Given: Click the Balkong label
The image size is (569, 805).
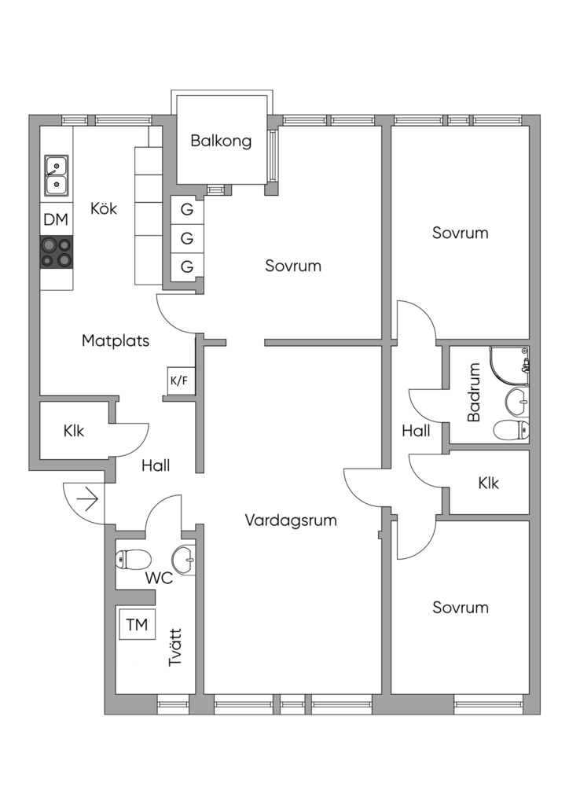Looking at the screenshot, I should [222, 142].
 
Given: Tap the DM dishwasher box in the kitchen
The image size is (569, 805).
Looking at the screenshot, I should [56, 220].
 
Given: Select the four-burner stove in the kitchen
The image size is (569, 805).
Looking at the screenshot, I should [57, 252].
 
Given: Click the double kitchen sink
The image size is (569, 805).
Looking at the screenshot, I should [56, 175].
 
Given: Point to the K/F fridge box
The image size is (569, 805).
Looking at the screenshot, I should [179, 380].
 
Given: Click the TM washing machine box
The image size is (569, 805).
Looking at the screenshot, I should [137, 625].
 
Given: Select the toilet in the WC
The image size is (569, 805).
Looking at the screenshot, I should [133, 561].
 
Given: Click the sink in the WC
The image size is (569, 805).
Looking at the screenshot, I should [185, 560].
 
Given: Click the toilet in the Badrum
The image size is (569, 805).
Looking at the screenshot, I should [512, 429].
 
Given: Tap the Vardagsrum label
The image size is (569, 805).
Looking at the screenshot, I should [291, 520].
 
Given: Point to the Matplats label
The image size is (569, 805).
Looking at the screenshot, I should [116, 341].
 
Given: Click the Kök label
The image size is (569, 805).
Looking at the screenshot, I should [104, 209].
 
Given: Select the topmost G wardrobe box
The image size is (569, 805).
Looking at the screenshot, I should [187, 210].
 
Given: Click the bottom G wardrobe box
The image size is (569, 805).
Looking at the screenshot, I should [187, 266].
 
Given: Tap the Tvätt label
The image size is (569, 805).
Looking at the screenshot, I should [176, 647].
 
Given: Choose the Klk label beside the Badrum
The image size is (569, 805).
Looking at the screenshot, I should [488, 483].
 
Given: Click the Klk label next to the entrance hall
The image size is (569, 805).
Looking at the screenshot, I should [74, 431].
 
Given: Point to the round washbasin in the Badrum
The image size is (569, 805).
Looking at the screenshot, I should [516, 399].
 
